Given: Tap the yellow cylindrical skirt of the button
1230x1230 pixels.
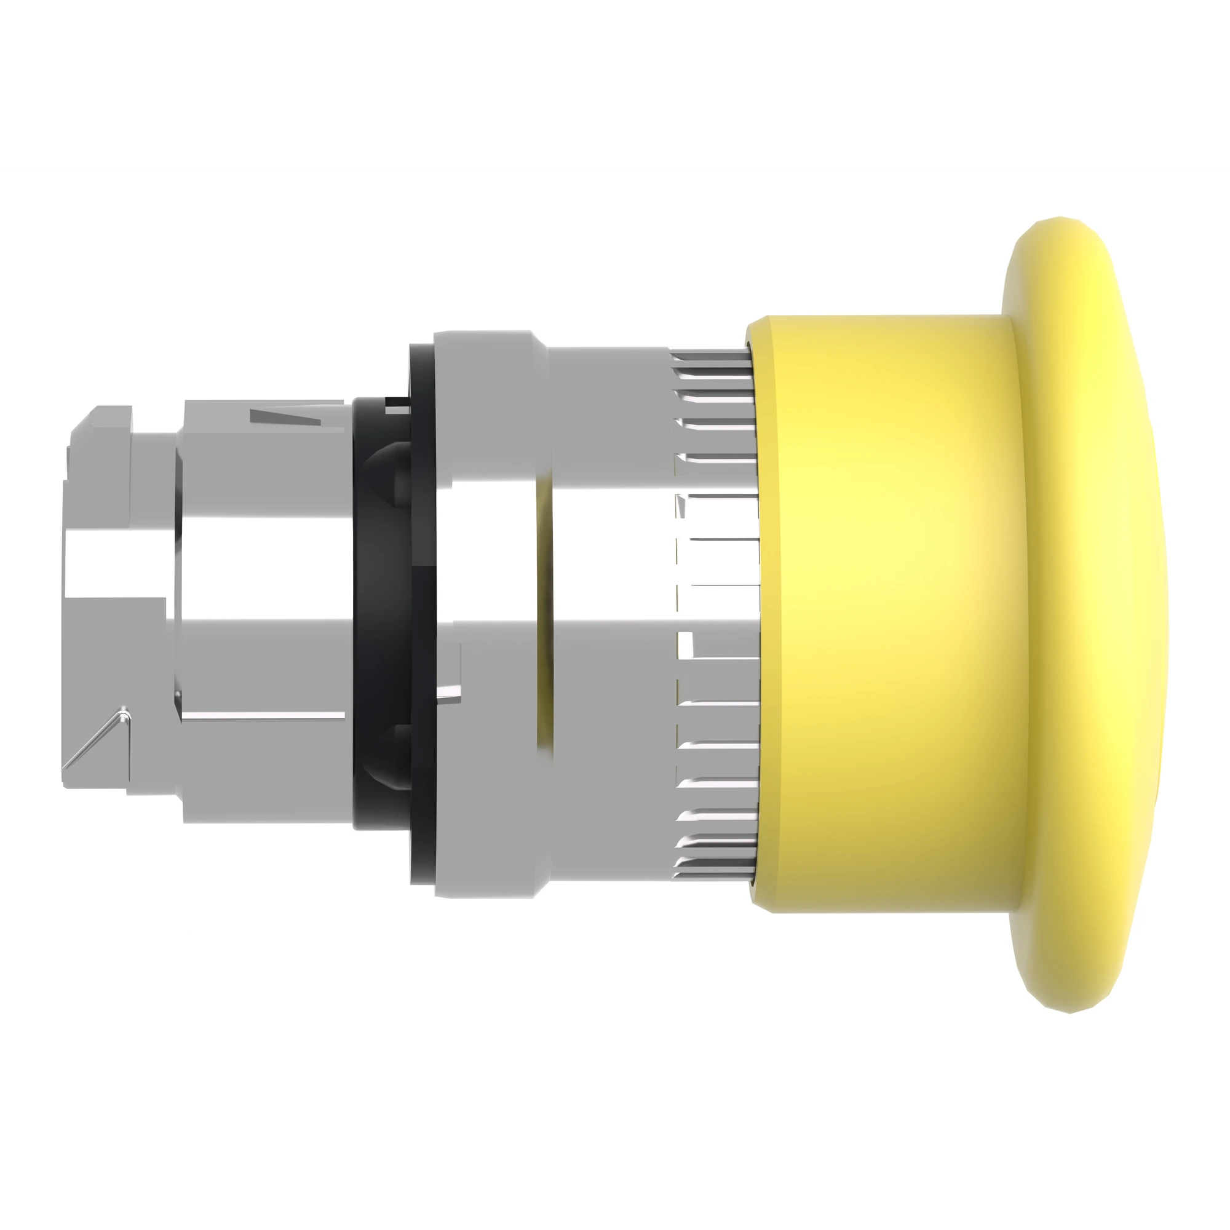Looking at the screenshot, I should tap(885, 611).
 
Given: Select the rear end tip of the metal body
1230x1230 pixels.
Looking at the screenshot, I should tap(70, 611).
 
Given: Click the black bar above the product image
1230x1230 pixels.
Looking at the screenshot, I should tap(615, 83).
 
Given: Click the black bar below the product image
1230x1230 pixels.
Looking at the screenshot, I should tap(615, 1146).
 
